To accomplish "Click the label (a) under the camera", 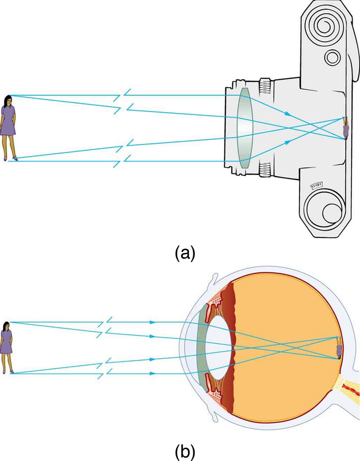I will tap(185, 253).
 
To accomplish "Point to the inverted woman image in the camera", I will tap(346, 128).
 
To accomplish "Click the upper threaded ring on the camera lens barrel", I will tap(265, 87).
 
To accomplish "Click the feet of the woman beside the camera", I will tap(10, 158).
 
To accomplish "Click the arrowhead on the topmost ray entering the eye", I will tap(152, 322).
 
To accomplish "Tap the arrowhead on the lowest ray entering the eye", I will tap(152, 373).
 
